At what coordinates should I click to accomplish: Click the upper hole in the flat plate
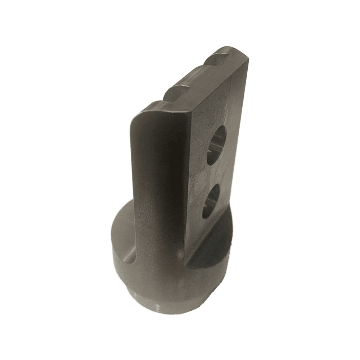click(x=217, y=144)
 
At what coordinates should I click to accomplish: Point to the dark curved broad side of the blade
click(x=158, y=173)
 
